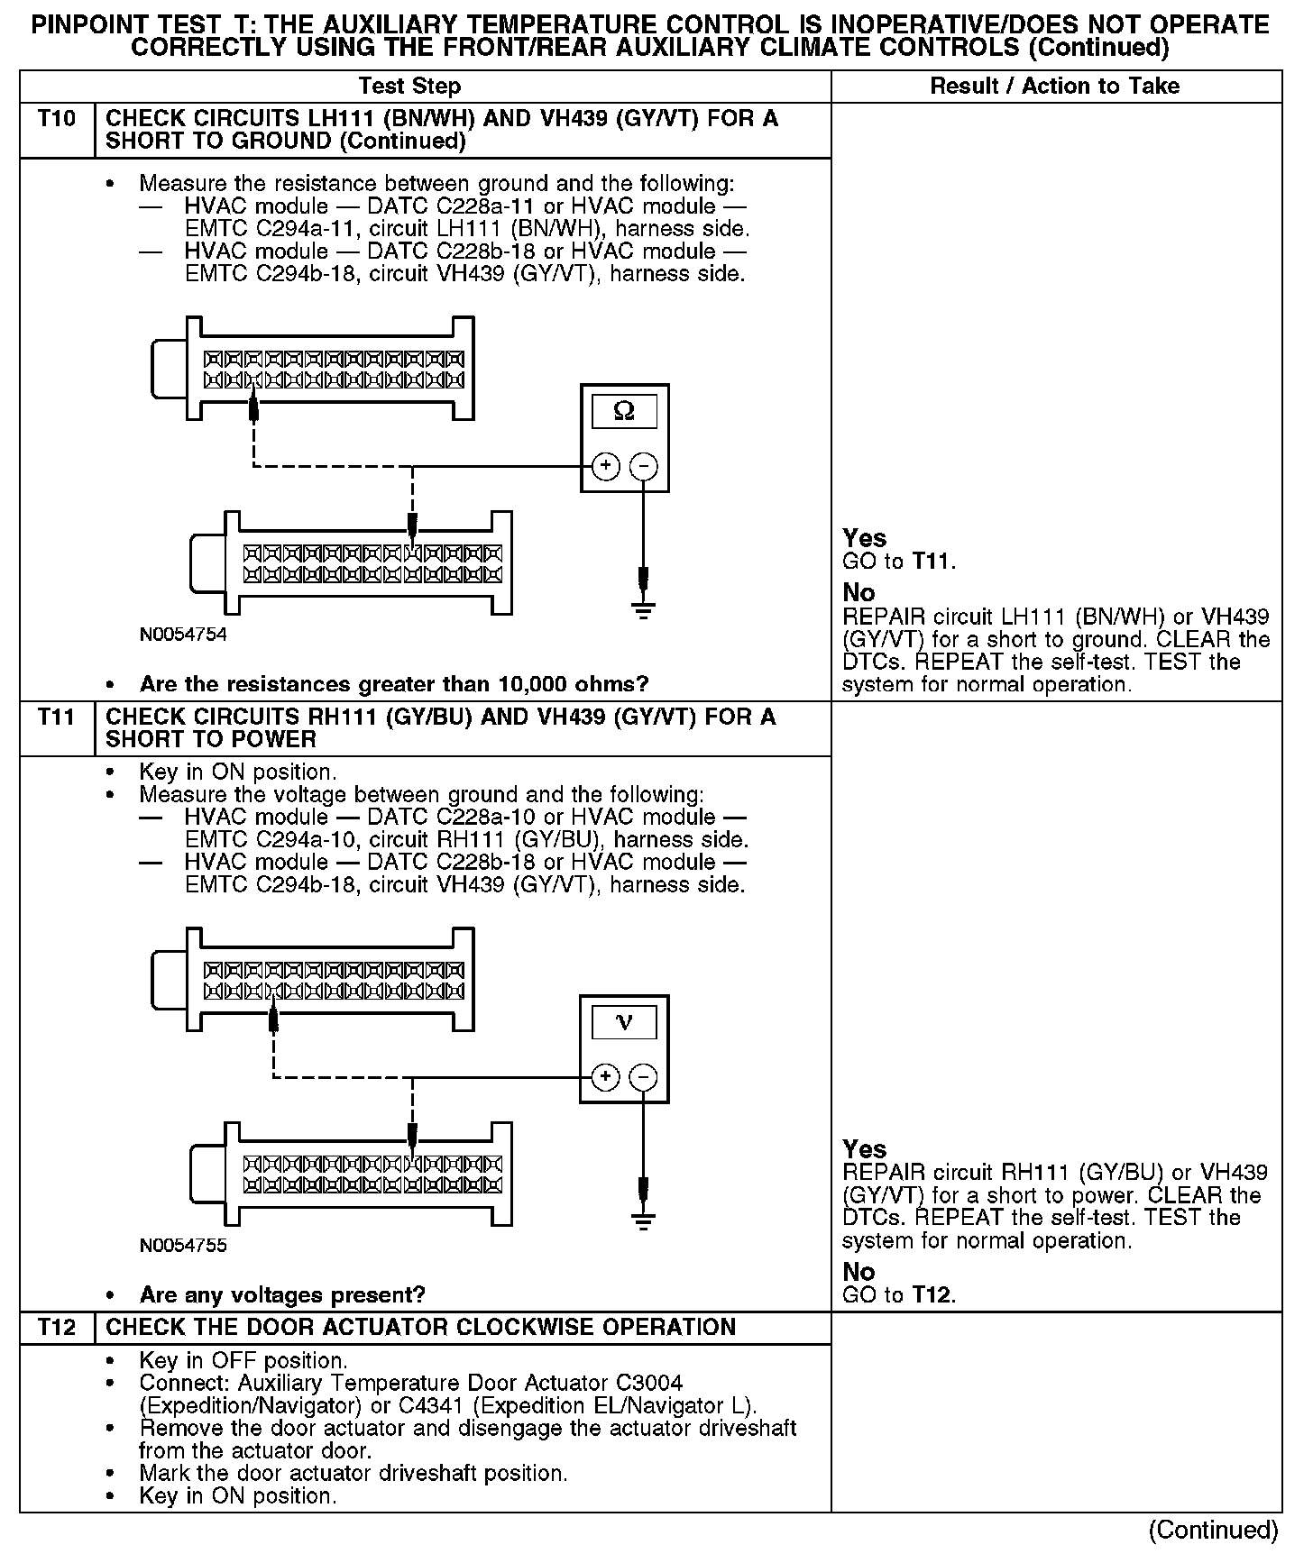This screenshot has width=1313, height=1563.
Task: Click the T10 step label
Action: pyautogui.click(x=57, y=119)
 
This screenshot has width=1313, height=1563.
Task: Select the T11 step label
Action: pyautogui.click(x=57, y=718)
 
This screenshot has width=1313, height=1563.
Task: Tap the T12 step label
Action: pyautogui.click(x=57, y=1328)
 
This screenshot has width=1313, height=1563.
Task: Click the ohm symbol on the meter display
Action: pyautogui.click(x=623, y=412)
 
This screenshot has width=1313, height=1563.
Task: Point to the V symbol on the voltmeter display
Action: pyautogui.click(x=623, y=1022)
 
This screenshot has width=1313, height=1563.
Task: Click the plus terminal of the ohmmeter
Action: pyautogui.click(x=606, y=466)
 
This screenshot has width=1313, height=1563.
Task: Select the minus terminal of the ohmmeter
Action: pyautogui.click(x=643, y=466)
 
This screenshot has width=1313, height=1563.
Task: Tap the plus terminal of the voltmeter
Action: pyautogui.click(x=606, y=1077)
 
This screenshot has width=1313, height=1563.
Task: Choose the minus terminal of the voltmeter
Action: pyautogui.click(x=643, y=1077)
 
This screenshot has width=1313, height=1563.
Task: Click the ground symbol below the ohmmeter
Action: pyautogui.click(x=643, y=609)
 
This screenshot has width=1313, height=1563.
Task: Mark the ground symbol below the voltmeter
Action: pyautogui.click(x=643, y=1220)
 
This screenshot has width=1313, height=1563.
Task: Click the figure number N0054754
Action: pyautogui.click(x=183, y=635)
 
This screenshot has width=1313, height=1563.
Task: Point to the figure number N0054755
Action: pyautogui.click(x=183, y=1246)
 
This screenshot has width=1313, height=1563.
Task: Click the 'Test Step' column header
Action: pyautogui.click(x=409, y=87)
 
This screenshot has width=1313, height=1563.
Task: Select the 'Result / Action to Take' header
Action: pyautogui.click(x=1054, y=87)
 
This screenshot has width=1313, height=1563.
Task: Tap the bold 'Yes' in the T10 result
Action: pyautogui.click(x=864, y=538)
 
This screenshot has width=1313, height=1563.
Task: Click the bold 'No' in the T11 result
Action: pyautogui.click(x=858, y=1272)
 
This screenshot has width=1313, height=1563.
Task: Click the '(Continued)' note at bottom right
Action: pyautogui.click(x=1212, y=1530)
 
